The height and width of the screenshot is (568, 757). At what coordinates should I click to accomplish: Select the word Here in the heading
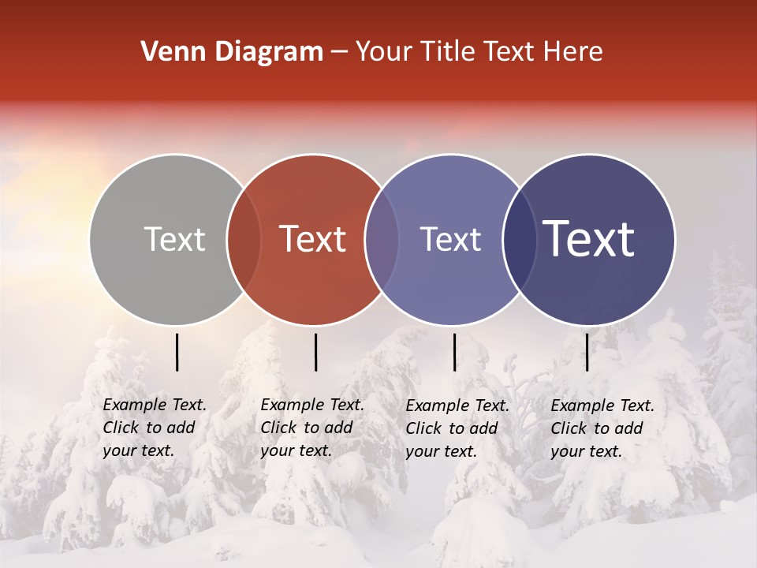pyautogui.click(x=575, y=52)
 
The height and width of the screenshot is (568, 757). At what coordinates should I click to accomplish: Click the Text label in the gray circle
pyautogui.click(x=174, y=239)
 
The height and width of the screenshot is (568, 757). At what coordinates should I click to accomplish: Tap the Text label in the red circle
pyautogui.click(x=313, y=239)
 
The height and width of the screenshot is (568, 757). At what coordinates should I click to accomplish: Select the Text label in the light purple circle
pyautogui.click(x=450, y=239)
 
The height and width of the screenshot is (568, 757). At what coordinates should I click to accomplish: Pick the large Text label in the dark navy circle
pyautogui.click(x=589, y=239)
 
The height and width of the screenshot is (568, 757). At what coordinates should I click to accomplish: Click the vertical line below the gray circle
pyautogui.click(x=177, y=352)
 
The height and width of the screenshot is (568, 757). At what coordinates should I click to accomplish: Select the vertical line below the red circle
pyautogui.click(x=315, y=352)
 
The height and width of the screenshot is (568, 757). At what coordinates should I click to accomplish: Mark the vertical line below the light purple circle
pyautogui.click(x=454, y=352)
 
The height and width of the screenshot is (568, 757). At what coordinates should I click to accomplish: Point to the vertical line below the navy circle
pyautogui.click(x=587, y=352)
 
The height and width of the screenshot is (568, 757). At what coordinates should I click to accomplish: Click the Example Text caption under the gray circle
pyautogui.click(x=155, y=428)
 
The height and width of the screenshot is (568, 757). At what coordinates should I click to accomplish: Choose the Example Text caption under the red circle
pyautogui.click(x=312, y=428)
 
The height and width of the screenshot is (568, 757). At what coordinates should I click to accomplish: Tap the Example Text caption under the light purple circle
pyautogui.click(x=457, y=428)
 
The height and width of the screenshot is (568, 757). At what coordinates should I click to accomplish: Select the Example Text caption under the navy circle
pyautogui.click(x=602, y=428)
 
